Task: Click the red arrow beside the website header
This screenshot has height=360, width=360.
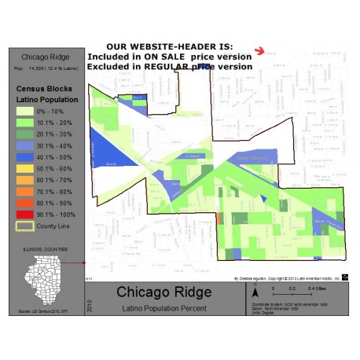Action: (x=259, y=51)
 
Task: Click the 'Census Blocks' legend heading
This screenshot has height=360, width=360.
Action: (x=42, y=89)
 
